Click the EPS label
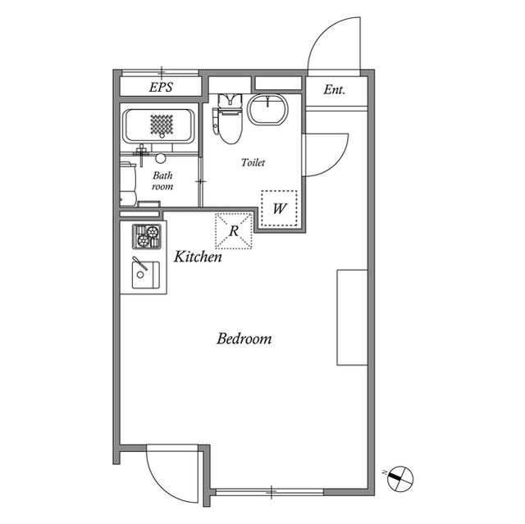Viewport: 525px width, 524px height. [161, 87]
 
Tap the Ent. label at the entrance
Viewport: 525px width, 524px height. [334, 89]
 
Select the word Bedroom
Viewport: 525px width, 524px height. [244, 339]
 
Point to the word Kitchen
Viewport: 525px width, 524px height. [198, 257]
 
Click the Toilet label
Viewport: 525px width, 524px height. [253, 162]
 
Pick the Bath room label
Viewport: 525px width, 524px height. [162, 180]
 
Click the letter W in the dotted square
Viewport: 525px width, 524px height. [279, 209]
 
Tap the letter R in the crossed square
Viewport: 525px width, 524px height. [234, 231]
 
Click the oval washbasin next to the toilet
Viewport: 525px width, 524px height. [267, 109]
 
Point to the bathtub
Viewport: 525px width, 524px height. [158, 126]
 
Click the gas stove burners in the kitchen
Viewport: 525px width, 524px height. [147, 236]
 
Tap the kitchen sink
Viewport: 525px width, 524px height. [146, 275]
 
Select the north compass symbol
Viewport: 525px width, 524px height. [399, 478]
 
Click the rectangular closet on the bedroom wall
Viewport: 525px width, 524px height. [352, 317]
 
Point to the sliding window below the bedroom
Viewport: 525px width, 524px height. [269, 492]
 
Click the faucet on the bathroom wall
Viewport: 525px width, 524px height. [142, 154]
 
